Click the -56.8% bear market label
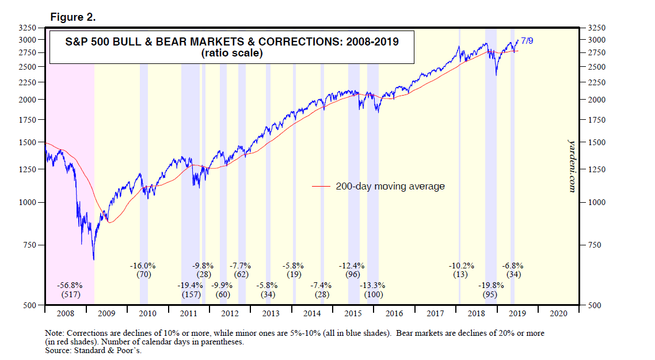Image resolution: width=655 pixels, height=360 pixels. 70,285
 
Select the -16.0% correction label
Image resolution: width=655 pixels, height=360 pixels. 143,266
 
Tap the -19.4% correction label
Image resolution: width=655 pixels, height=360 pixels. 190,285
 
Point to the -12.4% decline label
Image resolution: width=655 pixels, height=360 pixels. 352,266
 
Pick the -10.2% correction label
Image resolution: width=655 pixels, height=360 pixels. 462,266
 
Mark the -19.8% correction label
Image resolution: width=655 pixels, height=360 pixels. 490,285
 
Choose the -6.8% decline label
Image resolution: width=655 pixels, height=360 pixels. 513,266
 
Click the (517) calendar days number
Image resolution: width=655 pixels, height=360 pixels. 70,294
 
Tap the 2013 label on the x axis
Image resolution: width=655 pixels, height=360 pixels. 271,314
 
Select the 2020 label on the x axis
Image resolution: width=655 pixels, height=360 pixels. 559,314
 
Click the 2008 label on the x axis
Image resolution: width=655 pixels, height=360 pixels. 65,314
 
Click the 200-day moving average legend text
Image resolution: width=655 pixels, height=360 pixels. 390,186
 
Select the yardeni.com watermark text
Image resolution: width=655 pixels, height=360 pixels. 571,165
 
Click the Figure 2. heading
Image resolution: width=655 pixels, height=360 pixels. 73,17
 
